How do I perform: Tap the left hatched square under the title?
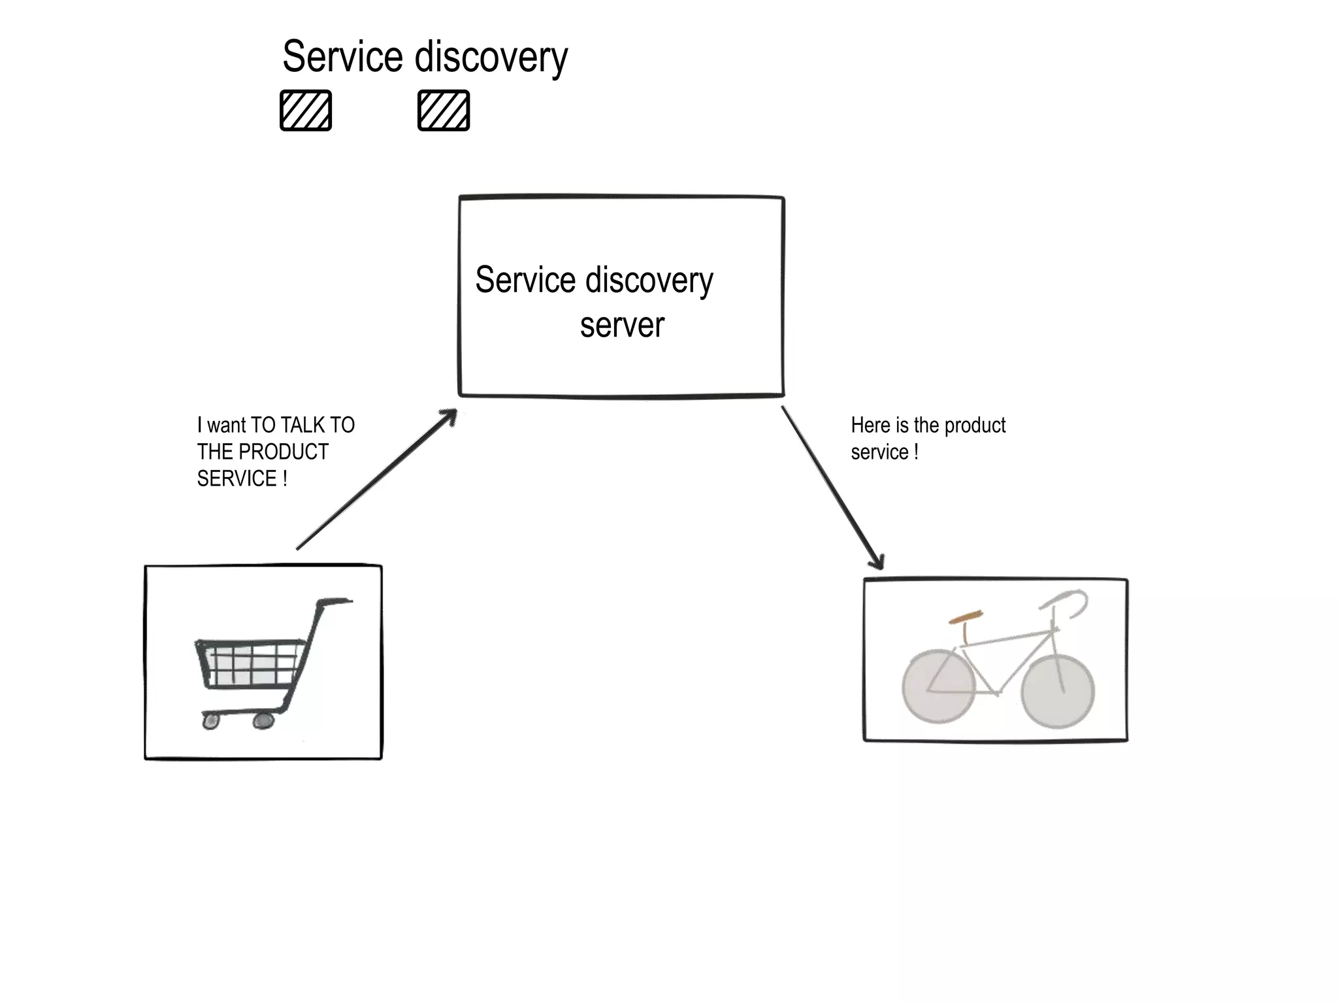[306, 110]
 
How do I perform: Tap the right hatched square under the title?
[444, 110]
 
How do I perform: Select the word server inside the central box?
[621, 326]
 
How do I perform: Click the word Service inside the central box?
[525, 280]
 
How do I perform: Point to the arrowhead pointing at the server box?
[449, 416]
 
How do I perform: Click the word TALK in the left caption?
[303, 426]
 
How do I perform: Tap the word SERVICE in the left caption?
[237, 479]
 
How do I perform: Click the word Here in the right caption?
[870, 426]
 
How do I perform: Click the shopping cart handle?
[334, 601]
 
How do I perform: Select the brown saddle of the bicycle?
[966, 616]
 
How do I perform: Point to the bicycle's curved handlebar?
[1071, 601]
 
